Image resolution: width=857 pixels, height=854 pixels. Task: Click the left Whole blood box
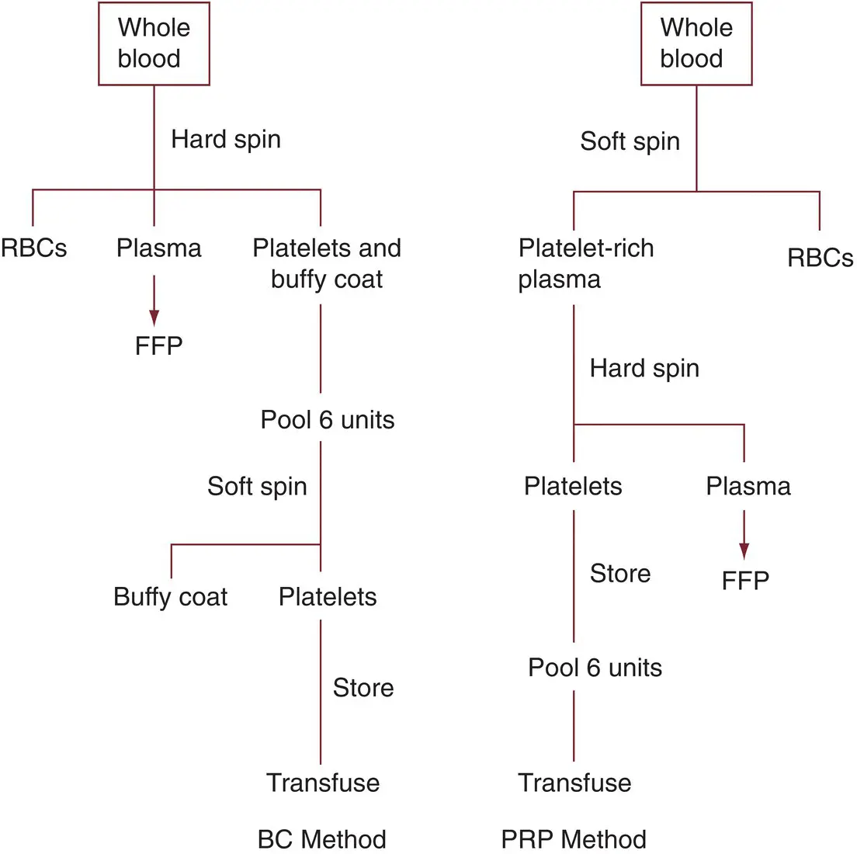(x=154, y=43)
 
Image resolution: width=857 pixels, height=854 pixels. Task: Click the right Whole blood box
(x=696, y=43)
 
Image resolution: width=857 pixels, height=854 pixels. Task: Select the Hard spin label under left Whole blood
(x=226, y=140)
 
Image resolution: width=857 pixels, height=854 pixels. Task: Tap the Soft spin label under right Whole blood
(x=630, y=141)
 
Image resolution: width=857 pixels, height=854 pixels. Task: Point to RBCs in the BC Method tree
(x=33, y=248)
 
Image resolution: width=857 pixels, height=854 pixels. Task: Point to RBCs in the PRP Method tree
(x=820, y=259)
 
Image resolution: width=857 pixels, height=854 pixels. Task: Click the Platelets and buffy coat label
(x=327, y=264)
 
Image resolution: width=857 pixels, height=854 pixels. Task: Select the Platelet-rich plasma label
(x=585, y=264)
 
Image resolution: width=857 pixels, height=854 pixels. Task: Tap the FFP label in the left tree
(x=158, y=345)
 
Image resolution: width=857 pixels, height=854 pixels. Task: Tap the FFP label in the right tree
(x=745, y=581)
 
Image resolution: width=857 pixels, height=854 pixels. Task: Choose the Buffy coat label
(x=170, y=597)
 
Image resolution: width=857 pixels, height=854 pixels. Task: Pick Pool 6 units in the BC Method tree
(x=328, y=420)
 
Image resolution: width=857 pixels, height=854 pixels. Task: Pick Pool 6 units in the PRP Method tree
(x=595, y=668)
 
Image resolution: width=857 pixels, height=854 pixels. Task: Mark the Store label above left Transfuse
(x=363, y=688)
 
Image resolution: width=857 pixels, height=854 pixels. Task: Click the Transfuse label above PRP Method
(x=574, y=783)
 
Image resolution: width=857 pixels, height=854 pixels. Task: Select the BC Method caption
(x=321, y=839)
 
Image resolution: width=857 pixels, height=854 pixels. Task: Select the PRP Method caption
(x=574, y=839)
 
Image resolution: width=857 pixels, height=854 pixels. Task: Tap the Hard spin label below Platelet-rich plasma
(x=644, y=368)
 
